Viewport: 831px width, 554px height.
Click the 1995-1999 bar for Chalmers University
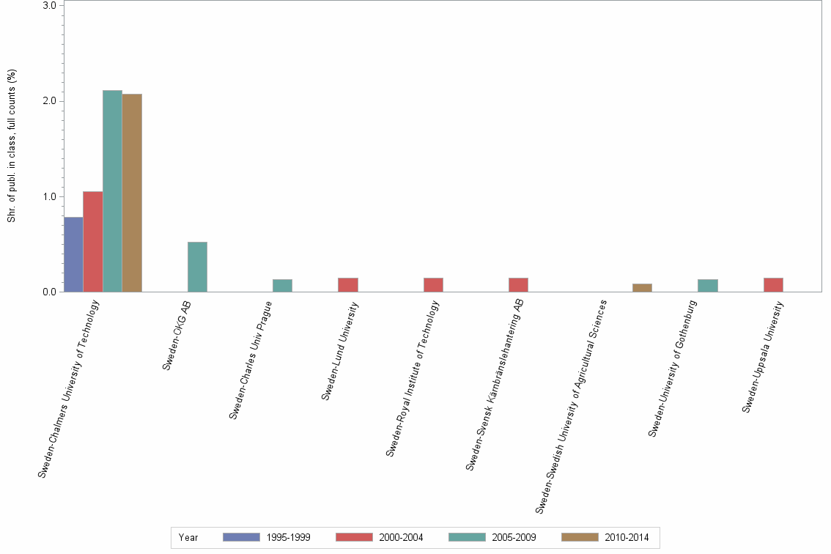73,254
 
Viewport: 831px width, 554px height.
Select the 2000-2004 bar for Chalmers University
93,242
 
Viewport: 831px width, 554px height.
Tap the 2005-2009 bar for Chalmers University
112,191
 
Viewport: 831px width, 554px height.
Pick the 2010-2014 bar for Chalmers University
132,193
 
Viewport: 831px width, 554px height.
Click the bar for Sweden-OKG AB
197,267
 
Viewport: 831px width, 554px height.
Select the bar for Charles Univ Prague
282,286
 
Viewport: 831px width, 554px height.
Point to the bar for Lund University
348,285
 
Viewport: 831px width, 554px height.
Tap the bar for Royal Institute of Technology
433,285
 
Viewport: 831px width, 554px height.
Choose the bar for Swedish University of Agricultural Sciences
642,287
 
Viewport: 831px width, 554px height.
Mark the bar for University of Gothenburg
708,286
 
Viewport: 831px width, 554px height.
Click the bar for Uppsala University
773,285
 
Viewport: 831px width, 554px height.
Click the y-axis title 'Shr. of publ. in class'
12,146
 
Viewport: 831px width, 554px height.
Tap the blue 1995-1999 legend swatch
241,537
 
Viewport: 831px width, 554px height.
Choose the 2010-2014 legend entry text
627,537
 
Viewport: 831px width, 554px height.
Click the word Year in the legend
188,537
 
